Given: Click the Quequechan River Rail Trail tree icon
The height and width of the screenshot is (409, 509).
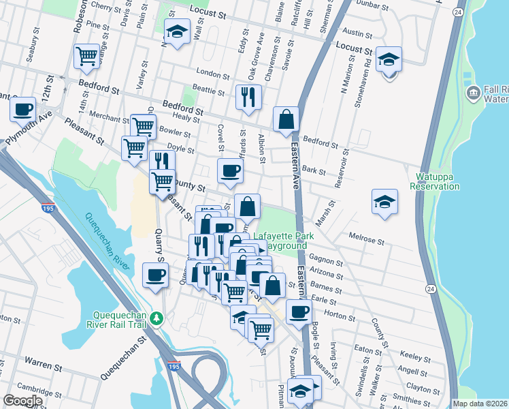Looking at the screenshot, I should (x=157, y=318).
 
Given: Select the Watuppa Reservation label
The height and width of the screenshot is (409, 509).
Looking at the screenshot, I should (x=435, y=181).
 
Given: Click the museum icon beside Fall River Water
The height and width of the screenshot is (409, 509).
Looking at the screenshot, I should (x=472, y=92).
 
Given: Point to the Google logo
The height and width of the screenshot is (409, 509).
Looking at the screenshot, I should (x=22, y=401).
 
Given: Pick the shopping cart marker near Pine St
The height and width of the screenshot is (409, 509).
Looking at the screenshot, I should (x=86, y=57).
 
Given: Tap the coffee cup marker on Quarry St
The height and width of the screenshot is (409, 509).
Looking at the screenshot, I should (x=156, y=275).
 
